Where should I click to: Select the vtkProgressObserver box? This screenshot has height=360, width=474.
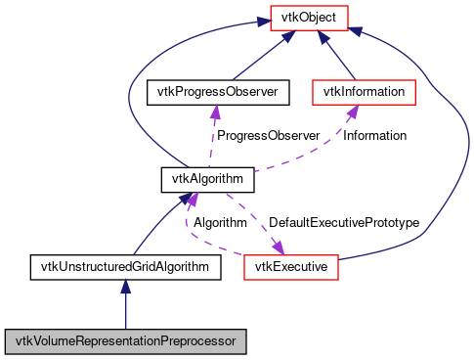point(212,92)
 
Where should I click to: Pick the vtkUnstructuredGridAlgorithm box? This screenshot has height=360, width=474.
point(125,266)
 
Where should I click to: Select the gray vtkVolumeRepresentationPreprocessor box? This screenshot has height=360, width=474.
point(125,341)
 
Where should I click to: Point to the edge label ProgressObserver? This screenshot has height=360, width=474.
point(268,136)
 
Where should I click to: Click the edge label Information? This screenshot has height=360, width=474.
point(375,136)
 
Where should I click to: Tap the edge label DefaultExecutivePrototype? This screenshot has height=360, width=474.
point(343,223)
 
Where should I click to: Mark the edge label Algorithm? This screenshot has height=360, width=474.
point(220,223)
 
